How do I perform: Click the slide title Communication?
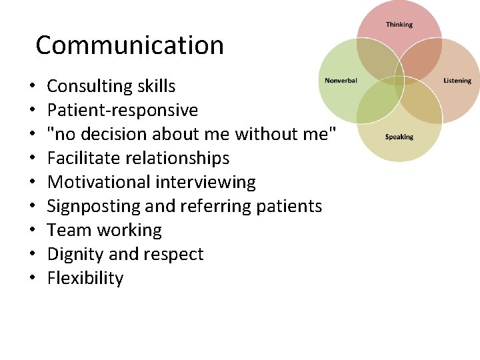(129, 45)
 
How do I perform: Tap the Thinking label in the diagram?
(399, 25)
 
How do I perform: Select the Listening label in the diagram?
(457, 81)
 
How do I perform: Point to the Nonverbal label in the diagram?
(341, 81)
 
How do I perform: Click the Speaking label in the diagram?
(399, 137)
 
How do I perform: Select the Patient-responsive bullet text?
(123, 110)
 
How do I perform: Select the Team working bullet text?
(105, 230)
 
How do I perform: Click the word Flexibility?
(85, 278)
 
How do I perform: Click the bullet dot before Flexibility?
(32, 279)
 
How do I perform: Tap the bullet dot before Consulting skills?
(32, 87)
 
